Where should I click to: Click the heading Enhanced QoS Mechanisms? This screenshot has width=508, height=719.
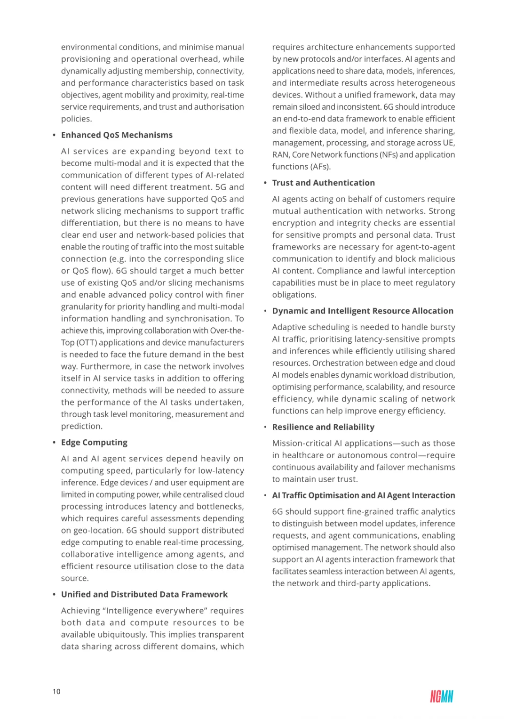[117, 135]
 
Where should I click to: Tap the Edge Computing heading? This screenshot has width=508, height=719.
[94, 443]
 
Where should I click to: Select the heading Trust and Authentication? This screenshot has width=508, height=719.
[323, 183]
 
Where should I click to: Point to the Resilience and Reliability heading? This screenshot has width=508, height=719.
[323, 427]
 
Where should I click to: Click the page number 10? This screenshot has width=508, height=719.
[56, 691]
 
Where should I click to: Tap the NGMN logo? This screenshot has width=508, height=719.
[441, 696]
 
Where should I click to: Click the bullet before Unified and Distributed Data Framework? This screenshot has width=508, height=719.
[54, 595]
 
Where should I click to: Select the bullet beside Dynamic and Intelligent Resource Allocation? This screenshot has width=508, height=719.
[265, 311]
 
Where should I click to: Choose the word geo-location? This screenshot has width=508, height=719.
[97, 530]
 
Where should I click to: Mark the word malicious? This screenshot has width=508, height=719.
[436, 259]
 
